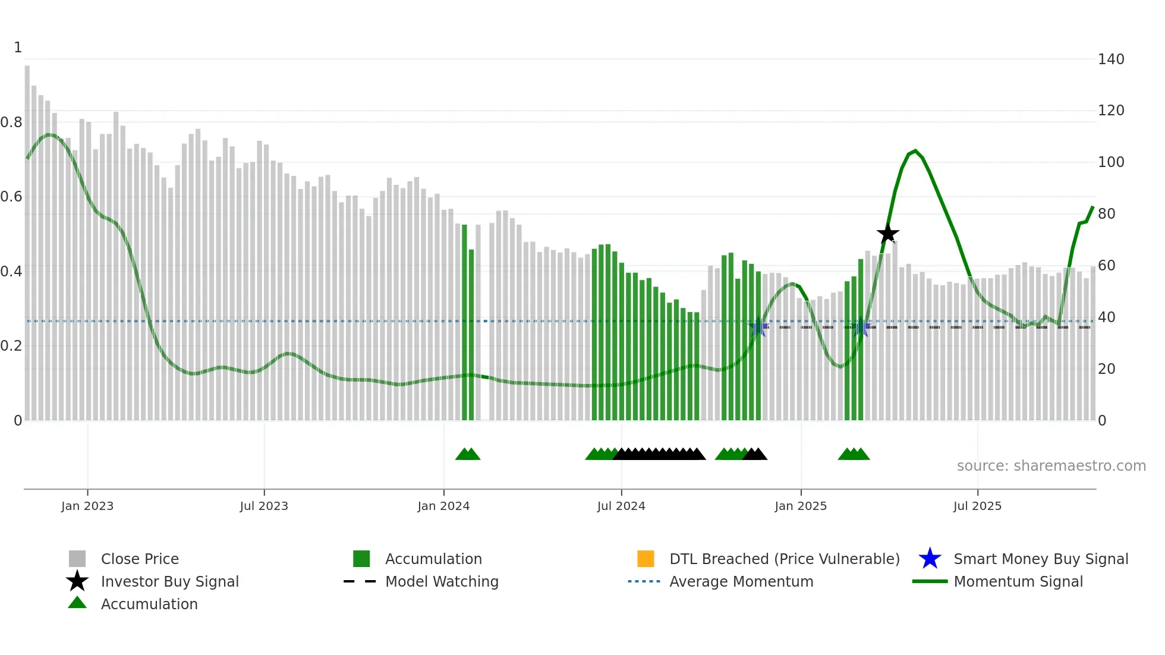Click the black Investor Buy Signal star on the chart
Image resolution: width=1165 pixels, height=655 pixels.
pyautogui.click(x=887, y=234)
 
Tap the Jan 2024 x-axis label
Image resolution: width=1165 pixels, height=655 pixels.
pyautogui.click(x=443, y=506)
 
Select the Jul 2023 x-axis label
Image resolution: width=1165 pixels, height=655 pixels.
pyautogui.click(x=264, y=506)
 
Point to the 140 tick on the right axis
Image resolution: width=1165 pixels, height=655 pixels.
pyautogui.click(x=1110, y=59)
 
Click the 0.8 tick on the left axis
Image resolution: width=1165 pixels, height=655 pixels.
pyautogui.click(x=11, y=122)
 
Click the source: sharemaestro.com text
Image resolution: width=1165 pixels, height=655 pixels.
pyautogui.click(x=1051, y=466)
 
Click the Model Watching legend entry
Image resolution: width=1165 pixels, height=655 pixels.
pyautogui.click(x=441, y=581)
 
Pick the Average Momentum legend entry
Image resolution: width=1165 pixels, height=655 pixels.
pyautogui.click(x=741, y=581)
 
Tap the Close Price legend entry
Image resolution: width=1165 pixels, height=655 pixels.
pyautogui.click(x=139, y=559)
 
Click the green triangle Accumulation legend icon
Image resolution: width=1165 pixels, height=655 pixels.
pyautogui.click(x=77, y=603)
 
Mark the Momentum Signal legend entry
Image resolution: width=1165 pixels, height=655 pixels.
pyautogui.click(x=1018, y=581)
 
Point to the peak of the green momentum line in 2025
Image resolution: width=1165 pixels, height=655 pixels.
pyautogui.click(x=915, y=151)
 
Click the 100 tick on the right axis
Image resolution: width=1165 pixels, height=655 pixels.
pyautogui.click(x=1110, y=162)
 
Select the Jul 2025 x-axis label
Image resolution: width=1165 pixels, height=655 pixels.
pyautogui.click(x=977, y=506)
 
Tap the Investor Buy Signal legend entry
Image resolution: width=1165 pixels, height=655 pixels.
pyautogui.click(x=169, y=581)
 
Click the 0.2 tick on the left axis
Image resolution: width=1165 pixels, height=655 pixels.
pyautogui.click(x=11, y=346)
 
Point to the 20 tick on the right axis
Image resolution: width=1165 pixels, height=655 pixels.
pyautogui.click(x=1106, y=369)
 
